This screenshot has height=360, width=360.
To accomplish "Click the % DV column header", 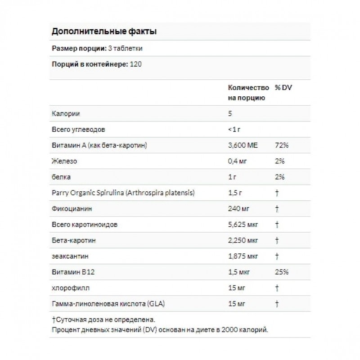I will [x=283, y=87].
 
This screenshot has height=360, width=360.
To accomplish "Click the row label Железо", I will [x=65, y=161].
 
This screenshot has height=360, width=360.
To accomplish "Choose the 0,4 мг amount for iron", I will [x=238, y=161].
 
